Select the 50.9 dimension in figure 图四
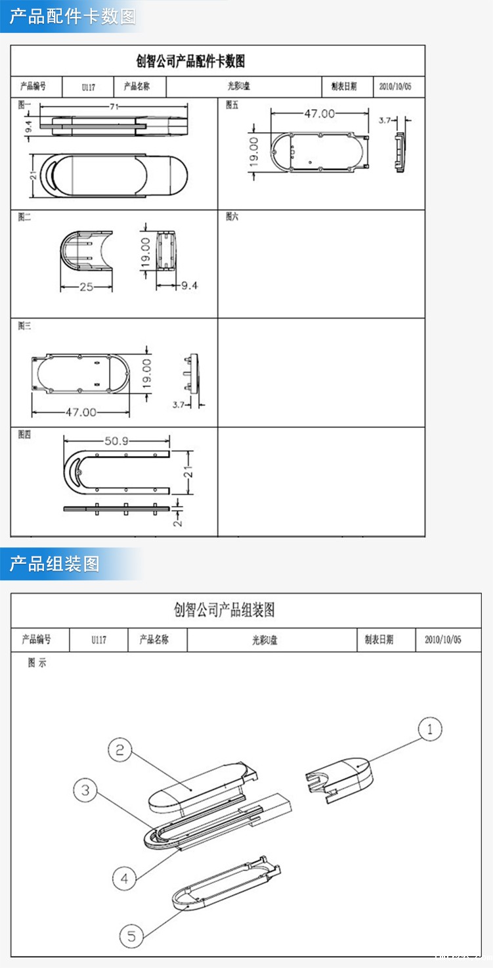point(116,441)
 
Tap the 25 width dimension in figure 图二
point(87,287)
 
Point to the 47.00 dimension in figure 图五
point(319,114)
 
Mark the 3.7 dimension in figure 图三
point(179,404)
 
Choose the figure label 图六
point(232,216)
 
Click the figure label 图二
point(24,216)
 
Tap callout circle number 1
point(430,729)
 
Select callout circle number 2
point(119,750)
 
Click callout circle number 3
point(85,791)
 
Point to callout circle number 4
point(124,877)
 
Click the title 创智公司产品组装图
point(224,611)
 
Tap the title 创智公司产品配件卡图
point(190,62)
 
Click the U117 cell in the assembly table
point(98,639)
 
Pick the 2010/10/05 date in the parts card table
point(395,87)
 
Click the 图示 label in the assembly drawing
point(37,663)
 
